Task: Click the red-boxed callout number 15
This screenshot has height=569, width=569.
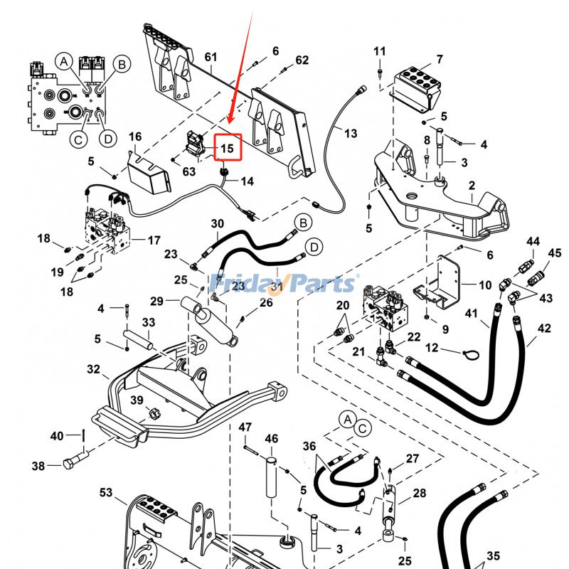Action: point(227,149)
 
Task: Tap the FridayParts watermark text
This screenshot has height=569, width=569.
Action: point(284,284)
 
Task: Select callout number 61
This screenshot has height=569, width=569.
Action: point(211,57)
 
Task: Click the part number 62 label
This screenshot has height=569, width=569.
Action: point(302,60)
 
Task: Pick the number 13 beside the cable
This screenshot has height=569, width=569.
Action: point(351,133)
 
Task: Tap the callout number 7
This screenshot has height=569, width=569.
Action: point(440,59)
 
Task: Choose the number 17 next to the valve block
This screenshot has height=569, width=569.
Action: point(154,240)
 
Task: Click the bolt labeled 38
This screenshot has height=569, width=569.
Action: point(72,464)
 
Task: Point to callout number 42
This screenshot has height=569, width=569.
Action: point(545,329)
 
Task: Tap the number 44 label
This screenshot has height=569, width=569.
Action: point(533,242)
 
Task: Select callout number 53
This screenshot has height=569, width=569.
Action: point(106,492)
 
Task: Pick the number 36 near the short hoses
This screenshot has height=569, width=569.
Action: point(309,446)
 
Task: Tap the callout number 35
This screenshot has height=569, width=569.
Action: point(493,556)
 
